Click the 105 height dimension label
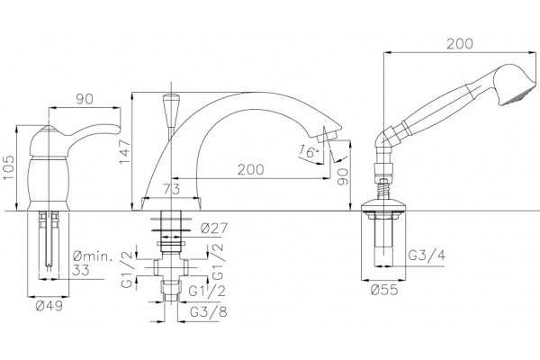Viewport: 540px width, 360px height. point(9,167)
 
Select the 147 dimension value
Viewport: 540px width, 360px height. point(124,151)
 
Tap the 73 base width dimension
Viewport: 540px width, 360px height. point(171,189)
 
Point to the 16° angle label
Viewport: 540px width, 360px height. point(308,151)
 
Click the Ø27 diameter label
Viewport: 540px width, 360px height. point(214,228)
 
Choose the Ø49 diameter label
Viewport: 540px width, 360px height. point(49,305)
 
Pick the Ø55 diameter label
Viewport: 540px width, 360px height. point(384,290)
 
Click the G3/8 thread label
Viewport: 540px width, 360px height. point(209,312)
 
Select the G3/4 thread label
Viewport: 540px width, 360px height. point(427,256)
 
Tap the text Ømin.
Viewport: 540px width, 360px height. point(93,256)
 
